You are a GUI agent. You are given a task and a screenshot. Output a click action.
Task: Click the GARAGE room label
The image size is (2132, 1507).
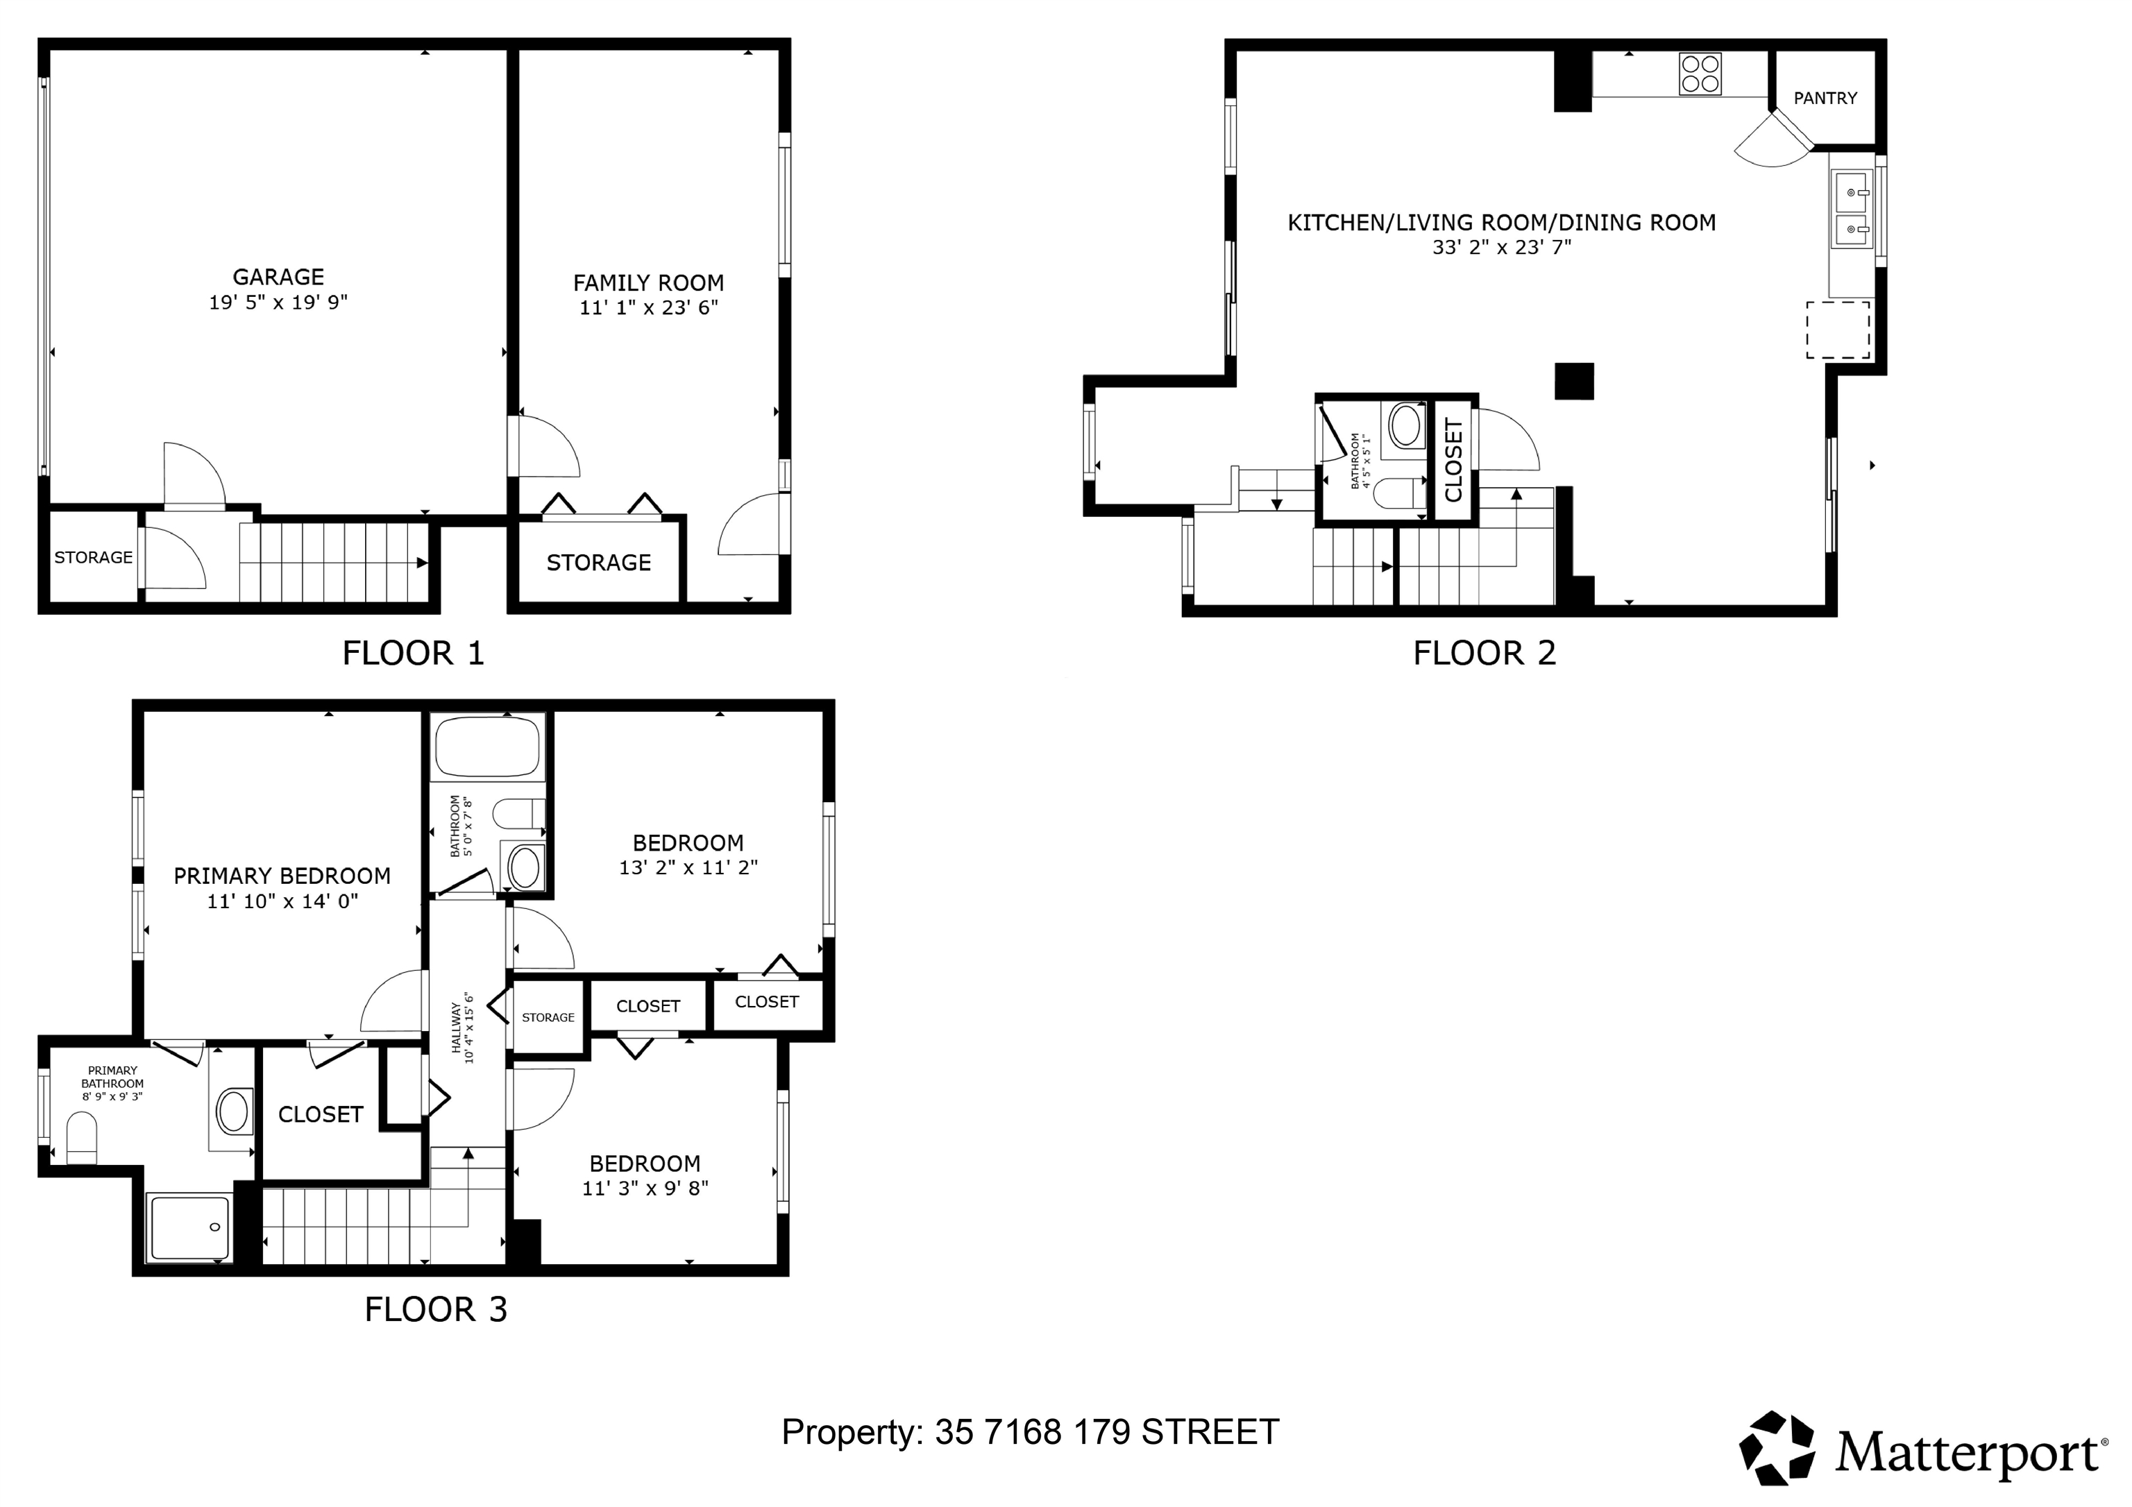(278, 277)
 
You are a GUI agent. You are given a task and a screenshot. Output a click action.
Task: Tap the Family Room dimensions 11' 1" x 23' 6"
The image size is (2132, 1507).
(649, 307)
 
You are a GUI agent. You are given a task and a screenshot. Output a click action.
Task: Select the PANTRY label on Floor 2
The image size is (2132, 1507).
(1825, 99)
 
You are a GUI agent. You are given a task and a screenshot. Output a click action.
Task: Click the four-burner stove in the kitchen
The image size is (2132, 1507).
(1700, 74)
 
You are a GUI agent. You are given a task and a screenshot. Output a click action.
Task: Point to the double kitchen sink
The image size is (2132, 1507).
(1852, 209)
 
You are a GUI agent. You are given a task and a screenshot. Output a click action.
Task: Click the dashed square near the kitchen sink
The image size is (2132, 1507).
(1838, 330)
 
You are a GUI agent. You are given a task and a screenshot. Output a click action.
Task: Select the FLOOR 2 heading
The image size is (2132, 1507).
(1484, 654)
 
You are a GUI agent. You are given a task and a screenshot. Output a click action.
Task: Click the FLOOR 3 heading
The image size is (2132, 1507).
(436, 1310)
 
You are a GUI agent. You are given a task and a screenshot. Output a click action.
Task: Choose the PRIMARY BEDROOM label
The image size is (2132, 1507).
(282, 876)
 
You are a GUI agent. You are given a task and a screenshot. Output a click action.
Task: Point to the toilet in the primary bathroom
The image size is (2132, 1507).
(82, 1139)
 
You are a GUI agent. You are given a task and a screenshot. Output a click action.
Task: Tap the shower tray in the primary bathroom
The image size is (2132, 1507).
(189, 1229)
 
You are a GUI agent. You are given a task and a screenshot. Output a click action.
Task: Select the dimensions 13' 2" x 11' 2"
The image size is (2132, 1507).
(688, 868)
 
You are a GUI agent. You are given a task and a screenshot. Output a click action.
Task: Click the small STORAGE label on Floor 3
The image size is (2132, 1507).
(548, 1018)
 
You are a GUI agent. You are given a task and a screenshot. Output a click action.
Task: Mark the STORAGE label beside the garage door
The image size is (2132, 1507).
(93, 557)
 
